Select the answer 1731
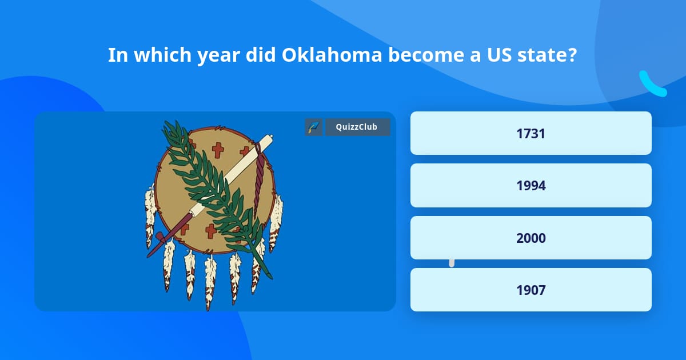[x=531, y=133]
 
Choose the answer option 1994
[x=531, y=186]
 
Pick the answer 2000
[x=531, y=238]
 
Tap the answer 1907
[x=531, y=290]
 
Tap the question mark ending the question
[x=572, y=55]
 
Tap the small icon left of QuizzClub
[x=313, y=127]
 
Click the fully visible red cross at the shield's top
[x=218, y=150]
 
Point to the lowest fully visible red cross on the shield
[x=211, y=231]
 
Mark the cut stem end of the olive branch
[x=269, y=277]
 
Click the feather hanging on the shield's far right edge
[x=276, y=220]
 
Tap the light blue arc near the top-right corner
[x=652, y=85]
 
